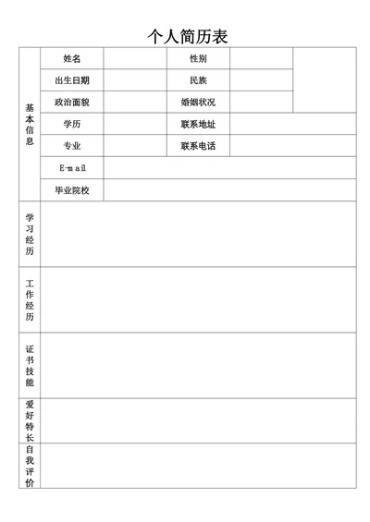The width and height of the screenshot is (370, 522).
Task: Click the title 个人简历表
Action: (188, 36)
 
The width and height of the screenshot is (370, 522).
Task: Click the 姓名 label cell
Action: (72, 58)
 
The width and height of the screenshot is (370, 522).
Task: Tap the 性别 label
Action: (198, 58)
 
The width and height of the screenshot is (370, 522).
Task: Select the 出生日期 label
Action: (72, 80)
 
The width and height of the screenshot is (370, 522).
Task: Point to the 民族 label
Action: (198, 80)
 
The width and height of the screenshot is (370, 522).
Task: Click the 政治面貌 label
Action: (72, 102)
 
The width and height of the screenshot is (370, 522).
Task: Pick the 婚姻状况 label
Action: (198, 102)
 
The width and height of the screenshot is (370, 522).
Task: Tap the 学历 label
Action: (72, 124)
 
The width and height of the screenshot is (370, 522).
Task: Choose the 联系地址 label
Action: (198, 124)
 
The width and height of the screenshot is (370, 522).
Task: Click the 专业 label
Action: (72, 146)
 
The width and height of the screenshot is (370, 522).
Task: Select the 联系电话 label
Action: (198, 146)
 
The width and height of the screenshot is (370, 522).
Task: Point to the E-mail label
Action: (72, 168)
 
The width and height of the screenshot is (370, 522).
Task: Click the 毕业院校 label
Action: (72, 190)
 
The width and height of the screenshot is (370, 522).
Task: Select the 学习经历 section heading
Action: (30, 234)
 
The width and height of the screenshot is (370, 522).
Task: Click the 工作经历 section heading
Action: (30, 299)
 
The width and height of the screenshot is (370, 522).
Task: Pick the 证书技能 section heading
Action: (30, 365)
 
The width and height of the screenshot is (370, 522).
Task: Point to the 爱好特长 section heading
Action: (30, 420)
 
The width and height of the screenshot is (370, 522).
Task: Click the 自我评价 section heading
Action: (30, 466)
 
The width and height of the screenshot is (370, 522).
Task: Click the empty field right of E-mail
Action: (229, 168)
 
